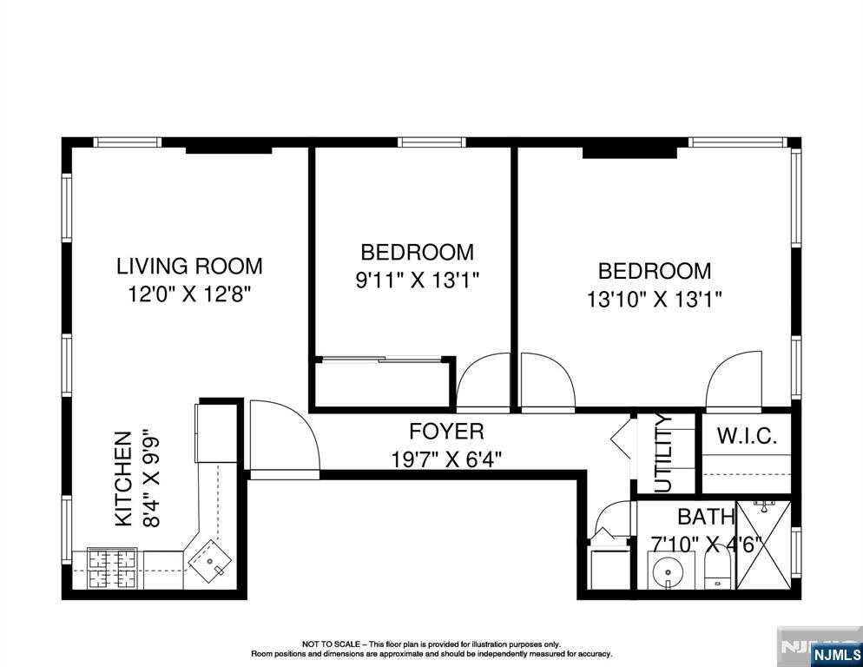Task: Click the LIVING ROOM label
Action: click(x=189, y=266)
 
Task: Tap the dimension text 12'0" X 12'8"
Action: click(x=189, y=294)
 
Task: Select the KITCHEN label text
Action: click(x=124, y=479)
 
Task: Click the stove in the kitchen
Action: click(x=114, y=569)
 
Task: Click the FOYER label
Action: click(x=446, y=431)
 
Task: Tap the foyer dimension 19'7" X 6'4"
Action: click(x=446, y=458)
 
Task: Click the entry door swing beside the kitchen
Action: click(x=280, y=439)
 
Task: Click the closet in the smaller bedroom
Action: click(x=381, y=381)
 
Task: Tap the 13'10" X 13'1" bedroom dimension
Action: click(x=655, y=299)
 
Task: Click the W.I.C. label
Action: click(x=747, y=436)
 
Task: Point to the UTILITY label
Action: click(x=663, y=453)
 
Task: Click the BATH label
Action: click(x=706, y=517)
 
